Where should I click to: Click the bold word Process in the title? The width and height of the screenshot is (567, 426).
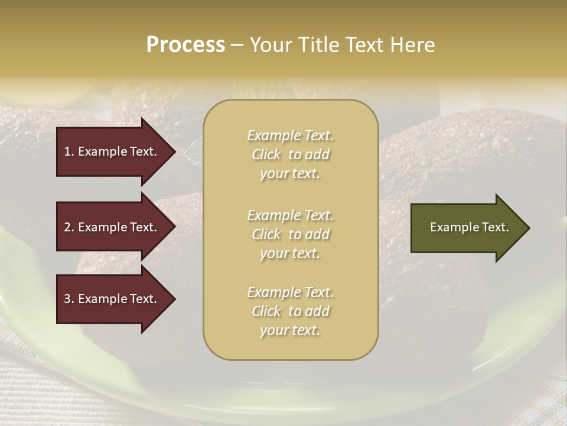(x=185, y=45)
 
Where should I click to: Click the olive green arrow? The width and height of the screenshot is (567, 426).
(x=467, y=227)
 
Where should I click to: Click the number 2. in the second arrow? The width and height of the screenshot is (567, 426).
(x=69, y=227)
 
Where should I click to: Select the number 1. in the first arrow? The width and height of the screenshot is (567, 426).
(x=69, y=151)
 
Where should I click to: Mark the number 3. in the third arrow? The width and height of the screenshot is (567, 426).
(x=69, y=299)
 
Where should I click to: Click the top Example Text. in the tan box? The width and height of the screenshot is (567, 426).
(x=291, y=135)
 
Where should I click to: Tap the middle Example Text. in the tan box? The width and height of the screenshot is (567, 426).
(x=291, y=215)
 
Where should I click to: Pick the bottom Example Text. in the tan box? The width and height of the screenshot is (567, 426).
(x=291, y=292)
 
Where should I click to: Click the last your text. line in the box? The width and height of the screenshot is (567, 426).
(x=290, y=330)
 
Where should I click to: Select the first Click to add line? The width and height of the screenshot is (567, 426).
(x=291, y=154)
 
